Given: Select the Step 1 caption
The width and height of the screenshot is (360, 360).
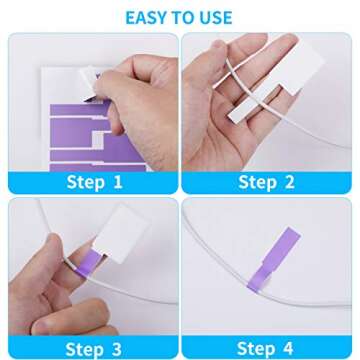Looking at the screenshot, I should click(x=94, y=182).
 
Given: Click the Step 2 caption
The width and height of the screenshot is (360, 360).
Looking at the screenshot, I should click(x=266, y=182).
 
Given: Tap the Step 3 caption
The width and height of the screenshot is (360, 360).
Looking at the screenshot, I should click(x=94, y=348).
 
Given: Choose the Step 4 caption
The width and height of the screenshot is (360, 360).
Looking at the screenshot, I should click(x=266, y=348).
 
